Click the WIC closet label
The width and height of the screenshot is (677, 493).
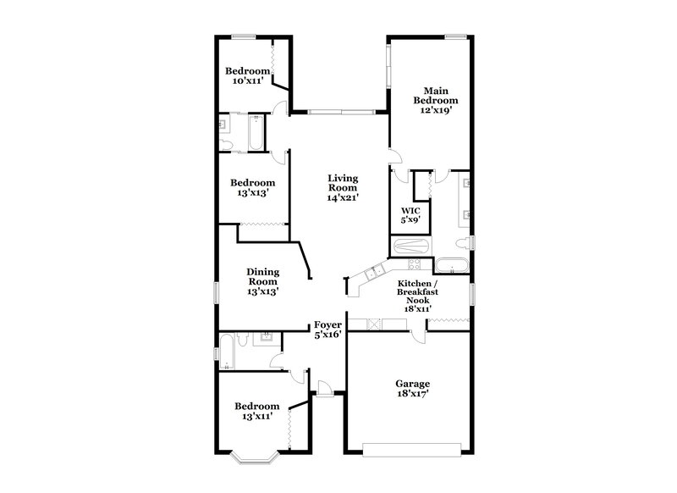410,209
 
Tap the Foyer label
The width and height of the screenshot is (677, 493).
327,324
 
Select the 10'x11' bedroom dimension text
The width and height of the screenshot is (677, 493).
248,81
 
